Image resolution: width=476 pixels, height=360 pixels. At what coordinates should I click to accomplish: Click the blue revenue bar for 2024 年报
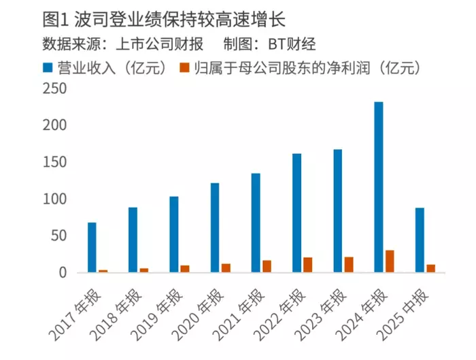379,187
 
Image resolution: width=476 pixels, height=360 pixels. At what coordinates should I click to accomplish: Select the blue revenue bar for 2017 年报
92,248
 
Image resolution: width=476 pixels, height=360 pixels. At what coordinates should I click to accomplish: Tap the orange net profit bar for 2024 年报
390,261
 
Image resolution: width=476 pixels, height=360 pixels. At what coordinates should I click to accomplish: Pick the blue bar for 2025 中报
420,240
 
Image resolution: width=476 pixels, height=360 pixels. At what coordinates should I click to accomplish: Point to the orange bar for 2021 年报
267,266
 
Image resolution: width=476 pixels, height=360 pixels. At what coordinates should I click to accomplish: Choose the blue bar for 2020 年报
215,228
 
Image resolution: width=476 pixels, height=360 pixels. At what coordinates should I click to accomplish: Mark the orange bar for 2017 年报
103,271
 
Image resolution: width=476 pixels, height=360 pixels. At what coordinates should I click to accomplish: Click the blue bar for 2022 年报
296,213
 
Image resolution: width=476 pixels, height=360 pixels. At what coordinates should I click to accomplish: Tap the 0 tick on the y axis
62,273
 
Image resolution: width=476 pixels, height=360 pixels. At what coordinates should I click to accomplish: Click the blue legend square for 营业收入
47,68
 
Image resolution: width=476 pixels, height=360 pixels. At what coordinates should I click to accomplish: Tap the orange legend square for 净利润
183,68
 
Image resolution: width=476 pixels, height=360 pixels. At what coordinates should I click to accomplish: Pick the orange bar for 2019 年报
185,269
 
